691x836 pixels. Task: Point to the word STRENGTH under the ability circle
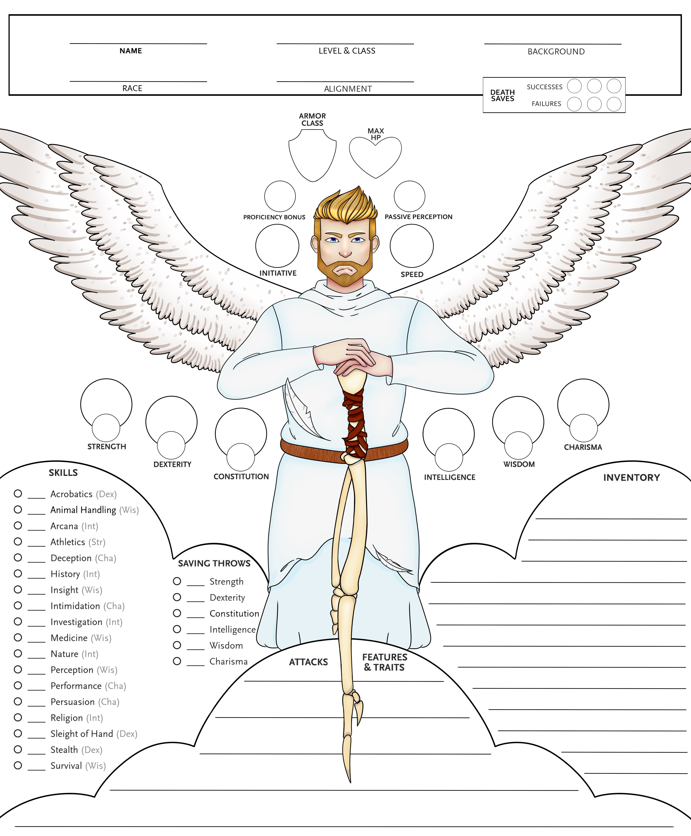tap(107, 447)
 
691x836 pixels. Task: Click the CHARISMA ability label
tap(583, 447)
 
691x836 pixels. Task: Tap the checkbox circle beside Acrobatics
tap(18, 494)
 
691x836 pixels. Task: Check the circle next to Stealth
tap(18, 749)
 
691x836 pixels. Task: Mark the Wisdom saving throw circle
tap(177, 645)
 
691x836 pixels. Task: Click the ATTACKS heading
tap(309, 662)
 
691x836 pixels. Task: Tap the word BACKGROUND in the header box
tap(556, 52)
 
